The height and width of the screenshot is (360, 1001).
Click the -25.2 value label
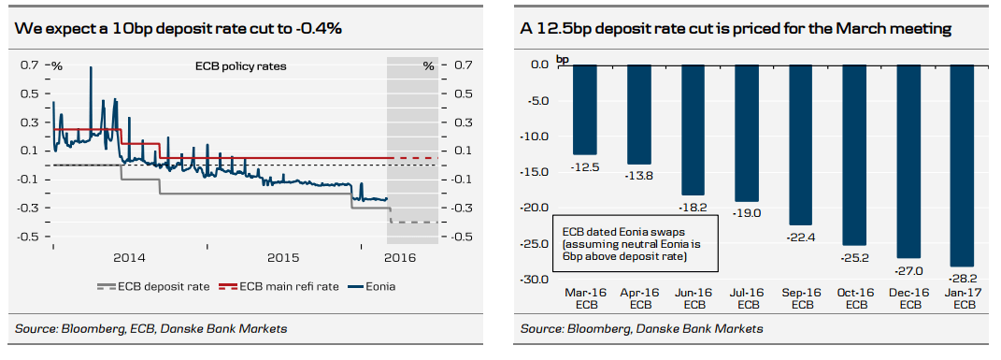[x=854, y=258]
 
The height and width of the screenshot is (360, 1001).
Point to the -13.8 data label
[x=638, y=175]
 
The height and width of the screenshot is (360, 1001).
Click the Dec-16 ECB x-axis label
[x=908, y=299]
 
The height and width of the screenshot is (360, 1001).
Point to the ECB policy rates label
[x=240, y=67]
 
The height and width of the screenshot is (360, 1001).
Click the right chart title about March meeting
[x=736, y=29]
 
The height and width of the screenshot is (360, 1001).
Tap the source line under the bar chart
[x=642, y=328]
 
